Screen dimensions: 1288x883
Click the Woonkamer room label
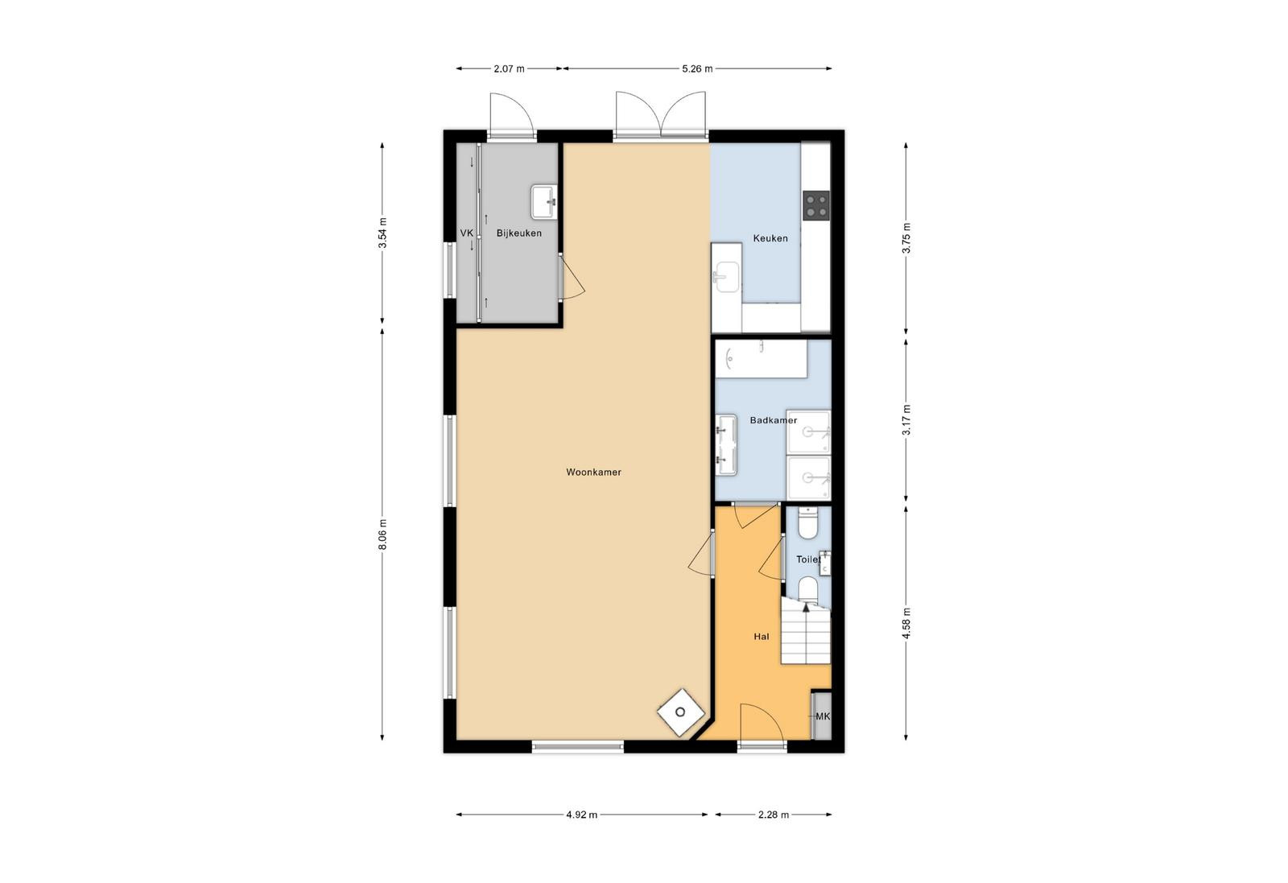coord(593,472)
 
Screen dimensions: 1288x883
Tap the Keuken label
coord(770,238)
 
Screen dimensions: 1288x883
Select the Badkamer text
coord(774,421)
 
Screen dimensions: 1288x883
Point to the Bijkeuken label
coord(519,233)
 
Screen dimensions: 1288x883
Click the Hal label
coord(762,637)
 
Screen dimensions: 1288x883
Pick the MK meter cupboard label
coord(823,716)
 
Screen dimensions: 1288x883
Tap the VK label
coord(466,233)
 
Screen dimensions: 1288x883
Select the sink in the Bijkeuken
coord(544,202)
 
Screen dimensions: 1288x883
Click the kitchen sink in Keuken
coord(727,277)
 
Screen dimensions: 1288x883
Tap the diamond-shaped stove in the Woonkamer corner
coord(681,713)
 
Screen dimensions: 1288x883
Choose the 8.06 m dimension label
coord(382,534)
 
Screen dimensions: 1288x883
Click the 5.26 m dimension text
coord(697,69)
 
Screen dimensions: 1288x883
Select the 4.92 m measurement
coord(582,815)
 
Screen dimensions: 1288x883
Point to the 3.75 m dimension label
coord(906,238)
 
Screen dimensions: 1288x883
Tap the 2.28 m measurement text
coord(774,815)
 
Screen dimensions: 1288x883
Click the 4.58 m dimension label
coord(906,623)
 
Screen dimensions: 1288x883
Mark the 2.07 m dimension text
coord(509,69)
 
